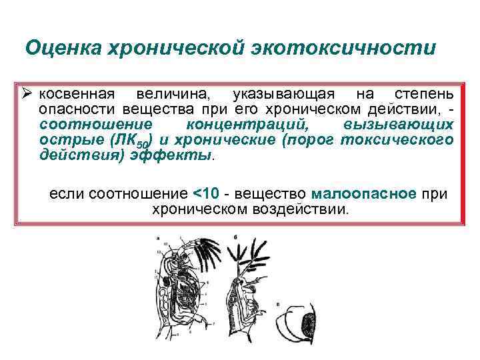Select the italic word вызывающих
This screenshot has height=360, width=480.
pyautogui.click(x=399, y=125)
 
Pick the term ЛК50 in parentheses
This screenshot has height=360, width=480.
pyautogui.click(x=133, y=140)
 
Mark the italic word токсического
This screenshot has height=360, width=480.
pyautogui.click(x=397, y=139)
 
